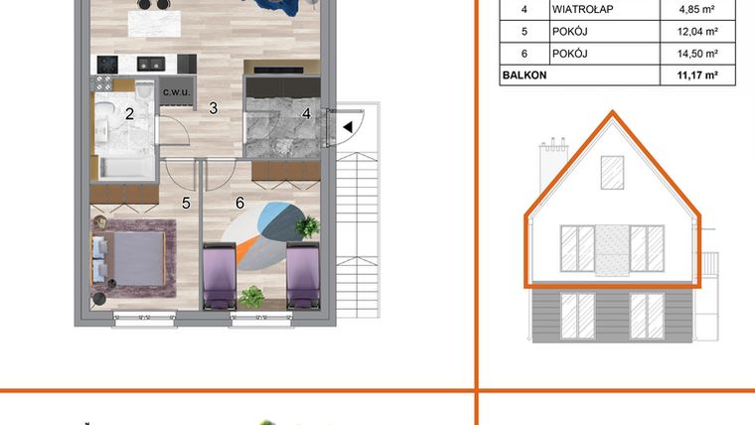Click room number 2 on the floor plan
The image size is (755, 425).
(129, 113)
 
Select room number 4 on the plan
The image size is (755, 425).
(307, 113)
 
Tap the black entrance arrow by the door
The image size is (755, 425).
(347, 126)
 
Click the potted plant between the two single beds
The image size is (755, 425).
(251, 296)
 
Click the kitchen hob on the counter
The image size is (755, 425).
(150, 64)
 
